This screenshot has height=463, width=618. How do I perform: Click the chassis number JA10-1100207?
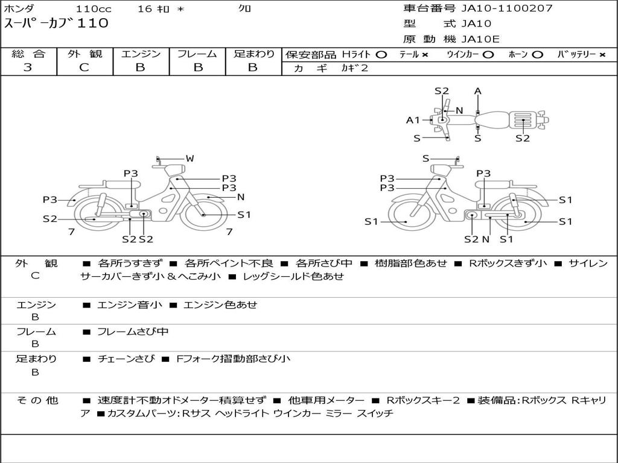[x=507, y=8]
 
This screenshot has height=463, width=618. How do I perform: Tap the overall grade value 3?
[x=28, y=68]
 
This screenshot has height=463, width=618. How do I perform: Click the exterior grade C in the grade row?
[x=84, y=68]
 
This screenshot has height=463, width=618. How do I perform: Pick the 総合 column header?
[x=28, y=54]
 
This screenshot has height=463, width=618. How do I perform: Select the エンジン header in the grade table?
[x=141, y=54]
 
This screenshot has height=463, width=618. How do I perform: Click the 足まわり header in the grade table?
[x=253, y=54]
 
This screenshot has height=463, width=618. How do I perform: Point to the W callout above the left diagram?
[x=190, y=159]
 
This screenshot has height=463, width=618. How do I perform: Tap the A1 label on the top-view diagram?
[x=413, y=120]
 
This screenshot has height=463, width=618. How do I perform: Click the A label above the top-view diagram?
[x=477, y=92]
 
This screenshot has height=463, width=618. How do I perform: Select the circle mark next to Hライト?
[x=381, y=54]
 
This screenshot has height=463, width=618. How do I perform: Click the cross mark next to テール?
[x=425, y=54]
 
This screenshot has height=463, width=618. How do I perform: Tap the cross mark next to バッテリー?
[x=602, y=54]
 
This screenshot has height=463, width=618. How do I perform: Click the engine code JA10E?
[x=480, y=39]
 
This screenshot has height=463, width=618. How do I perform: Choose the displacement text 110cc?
[x=94, y=8]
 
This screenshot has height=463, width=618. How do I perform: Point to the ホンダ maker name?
[x=19, y=8]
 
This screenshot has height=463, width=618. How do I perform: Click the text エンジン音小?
[x=130, y=304]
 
